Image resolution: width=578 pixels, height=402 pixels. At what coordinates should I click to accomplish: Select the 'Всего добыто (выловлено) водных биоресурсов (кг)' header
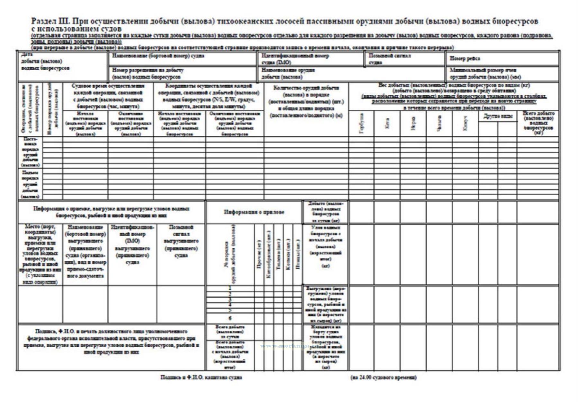538,123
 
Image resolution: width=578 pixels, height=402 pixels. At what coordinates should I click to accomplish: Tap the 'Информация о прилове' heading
254,212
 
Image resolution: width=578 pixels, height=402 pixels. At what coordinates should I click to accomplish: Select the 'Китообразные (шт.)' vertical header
269,254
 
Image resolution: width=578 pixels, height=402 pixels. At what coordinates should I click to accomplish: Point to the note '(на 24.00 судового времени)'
383,378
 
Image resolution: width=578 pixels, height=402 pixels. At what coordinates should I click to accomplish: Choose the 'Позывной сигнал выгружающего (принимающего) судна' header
181,241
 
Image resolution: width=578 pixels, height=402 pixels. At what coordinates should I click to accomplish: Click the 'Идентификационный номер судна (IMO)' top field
295,59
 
